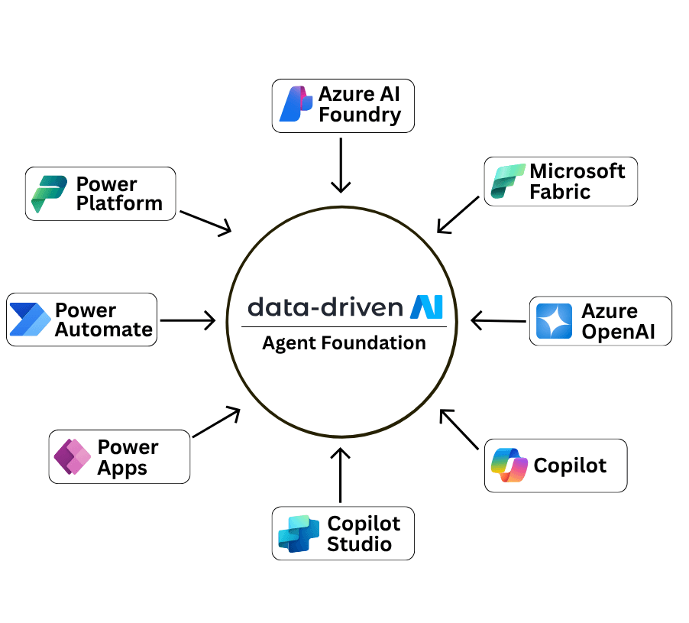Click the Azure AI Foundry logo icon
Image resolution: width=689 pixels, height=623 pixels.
(x=296, y=105)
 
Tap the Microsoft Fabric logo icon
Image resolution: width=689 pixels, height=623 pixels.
(x=506, y=181)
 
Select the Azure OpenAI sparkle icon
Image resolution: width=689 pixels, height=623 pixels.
(x=554, y=321)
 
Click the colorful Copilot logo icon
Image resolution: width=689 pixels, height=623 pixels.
(x=509, y=465)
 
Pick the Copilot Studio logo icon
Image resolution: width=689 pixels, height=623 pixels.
(x=298, y=534)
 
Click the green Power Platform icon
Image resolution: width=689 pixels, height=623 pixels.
(x=50, y=193)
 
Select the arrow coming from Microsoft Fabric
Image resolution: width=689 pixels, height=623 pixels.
(x=459, y=214)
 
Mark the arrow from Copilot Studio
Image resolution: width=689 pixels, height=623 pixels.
(x=341, y=475)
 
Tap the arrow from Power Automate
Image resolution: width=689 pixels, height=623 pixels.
(x=188, y=320)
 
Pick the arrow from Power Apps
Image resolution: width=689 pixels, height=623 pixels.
(x=217, y=423)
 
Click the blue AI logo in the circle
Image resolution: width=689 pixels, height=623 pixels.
(x=426, y=307)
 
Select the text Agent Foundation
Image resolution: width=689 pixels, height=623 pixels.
(x=344, y=343)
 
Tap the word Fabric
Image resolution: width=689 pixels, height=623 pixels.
(x=559, y=191)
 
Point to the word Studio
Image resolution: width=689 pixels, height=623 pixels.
(x=359, y=544)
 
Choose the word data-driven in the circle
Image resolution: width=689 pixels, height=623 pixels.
(x=325, y=307)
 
